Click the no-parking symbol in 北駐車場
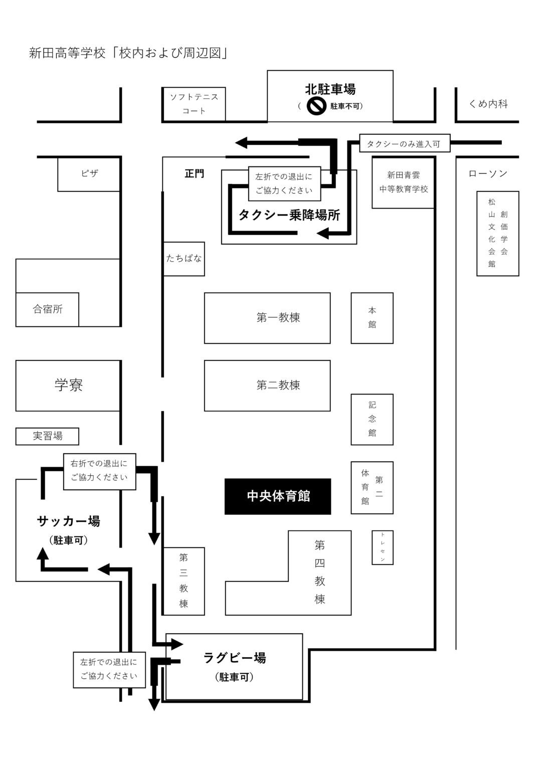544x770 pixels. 316,106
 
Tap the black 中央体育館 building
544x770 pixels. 278,496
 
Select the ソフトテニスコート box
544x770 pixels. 194,104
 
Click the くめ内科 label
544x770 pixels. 488,104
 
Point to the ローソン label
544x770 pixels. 488,173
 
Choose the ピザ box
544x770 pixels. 89,174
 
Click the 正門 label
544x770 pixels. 194,174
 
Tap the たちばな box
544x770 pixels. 184,259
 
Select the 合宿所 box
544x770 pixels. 48,309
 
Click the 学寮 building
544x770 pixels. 68,386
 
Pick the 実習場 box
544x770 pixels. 48,436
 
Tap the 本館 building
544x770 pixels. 372,318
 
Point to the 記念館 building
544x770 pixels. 372,419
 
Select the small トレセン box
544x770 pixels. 382,547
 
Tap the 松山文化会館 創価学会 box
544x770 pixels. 497,233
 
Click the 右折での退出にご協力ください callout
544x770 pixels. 99,470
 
